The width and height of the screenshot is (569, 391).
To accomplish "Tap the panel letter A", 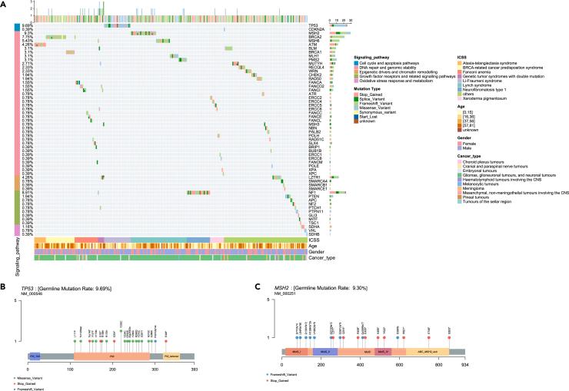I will click(x=4, y=4).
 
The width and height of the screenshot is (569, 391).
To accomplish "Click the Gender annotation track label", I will click(x=316, y=251).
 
